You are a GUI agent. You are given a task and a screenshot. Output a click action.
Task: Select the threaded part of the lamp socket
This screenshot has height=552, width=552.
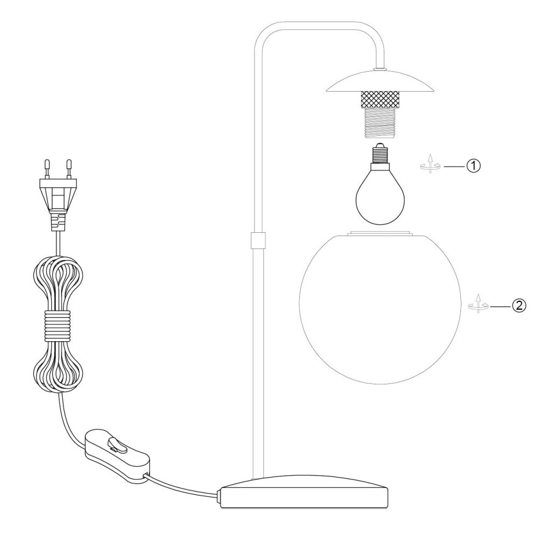pyautogui.click(x=380, y=125)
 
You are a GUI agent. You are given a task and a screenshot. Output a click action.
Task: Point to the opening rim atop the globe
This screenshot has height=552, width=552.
pyautogui.click(x=380, y=234)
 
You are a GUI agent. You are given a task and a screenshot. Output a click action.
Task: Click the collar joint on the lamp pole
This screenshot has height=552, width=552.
pyautogui.click(x=258, y=240)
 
